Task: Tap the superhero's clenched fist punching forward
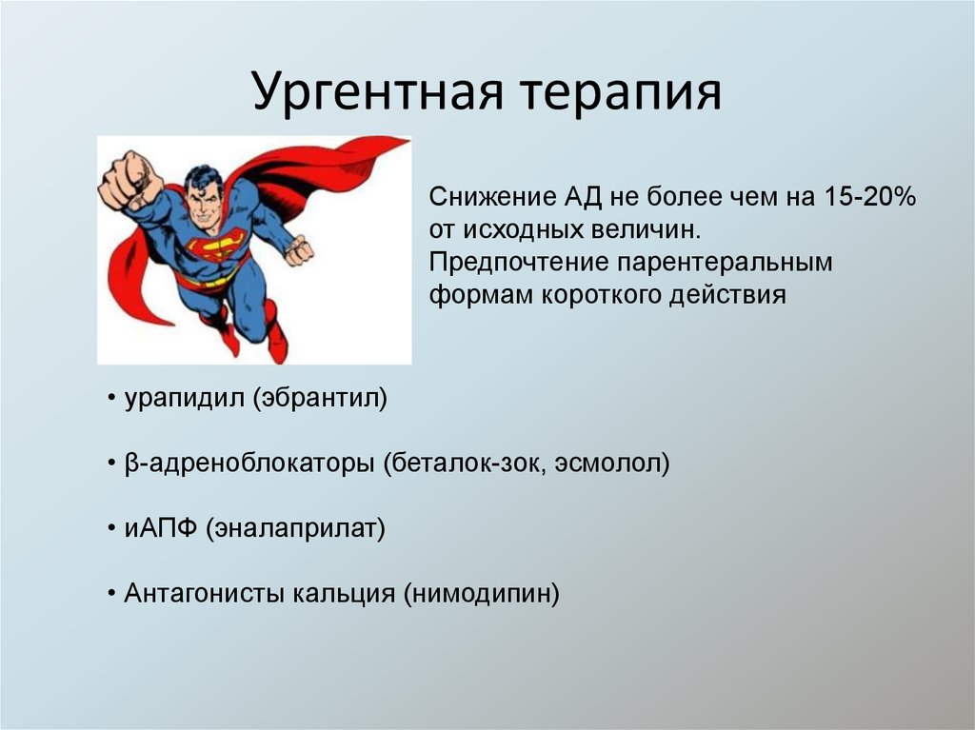[x=127, y=180]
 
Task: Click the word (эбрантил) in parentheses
[x=320, y=398]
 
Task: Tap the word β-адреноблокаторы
[x=249, y=464]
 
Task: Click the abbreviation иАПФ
[x=157, y=528]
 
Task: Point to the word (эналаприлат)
[x=293, y=528]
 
